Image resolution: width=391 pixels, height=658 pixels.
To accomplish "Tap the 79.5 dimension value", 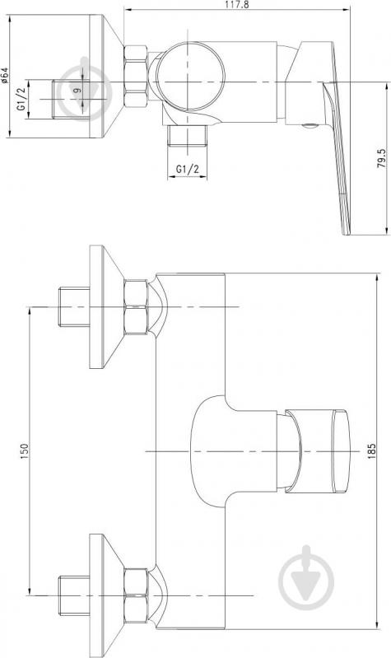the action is (381, 158).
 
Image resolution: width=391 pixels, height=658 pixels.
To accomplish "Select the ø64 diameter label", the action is (4, 75).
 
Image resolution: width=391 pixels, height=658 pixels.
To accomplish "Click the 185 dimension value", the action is (371, 450).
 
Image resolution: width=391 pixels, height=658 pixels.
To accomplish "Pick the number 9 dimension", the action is (76, 90).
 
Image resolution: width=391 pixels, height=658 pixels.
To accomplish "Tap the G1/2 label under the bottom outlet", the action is (187, 169).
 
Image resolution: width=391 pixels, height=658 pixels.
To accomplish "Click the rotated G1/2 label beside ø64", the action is (21, 99).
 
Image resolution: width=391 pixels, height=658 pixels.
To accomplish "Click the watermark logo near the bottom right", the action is (307, 577).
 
